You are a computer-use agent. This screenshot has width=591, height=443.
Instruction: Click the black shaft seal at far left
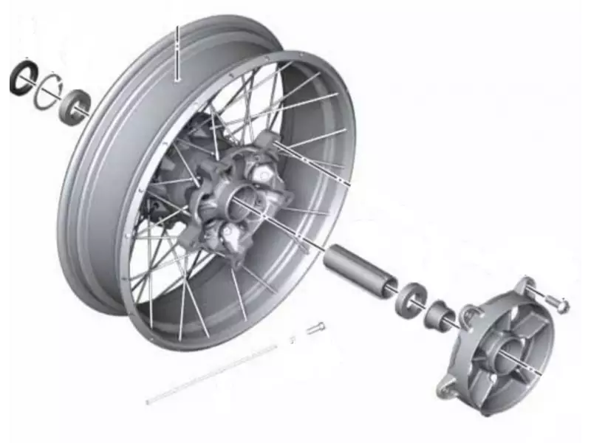(22, 78)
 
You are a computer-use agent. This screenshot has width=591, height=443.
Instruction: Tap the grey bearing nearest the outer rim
(76, 104)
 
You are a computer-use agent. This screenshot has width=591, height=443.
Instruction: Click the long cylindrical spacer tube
(360, 270)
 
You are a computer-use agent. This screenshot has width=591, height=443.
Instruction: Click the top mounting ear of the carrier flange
(525, 286)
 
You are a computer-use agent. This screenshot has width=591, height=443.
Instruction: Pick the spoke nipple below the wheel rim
(315, 328)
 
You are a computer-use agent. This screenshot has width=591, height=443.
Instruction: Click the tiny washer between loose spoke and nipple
(293, 338)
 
